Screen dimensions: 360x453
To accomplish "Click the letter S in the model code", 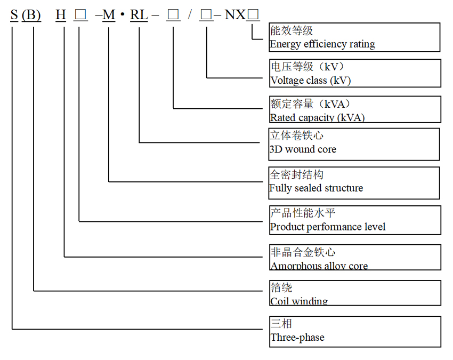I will pyautogui.click(x=14, y=15).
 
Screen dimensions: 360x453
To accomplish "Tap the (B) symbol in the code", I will pyautogui.click(x=31, y=15).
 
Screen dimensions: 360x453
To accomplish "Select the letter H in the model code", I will pyautogui.click(x=61, y=15).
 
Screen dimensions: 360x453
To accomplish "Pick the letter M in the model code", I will pyautogui.click(x=109, y=15).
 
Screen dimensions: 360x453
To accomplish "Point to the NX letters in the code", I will pyautogui.click(x=235, y=15).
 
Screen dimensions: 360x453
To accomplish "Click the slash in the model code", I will pyautogui.click(x=189, y=15).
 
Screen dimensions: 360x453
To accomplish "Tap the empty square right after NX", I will pyautogui.click(x=253, y=15).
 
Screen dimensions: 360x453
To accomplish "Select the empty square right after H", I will pyautogui.click(x=80, y=15).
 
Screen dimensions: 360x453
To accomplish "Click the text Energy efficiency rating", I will pyautogui.click(x=322, y=44).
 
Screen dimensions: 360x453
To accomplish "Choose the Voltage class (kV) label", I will pyautogui.click(x=310, y=81).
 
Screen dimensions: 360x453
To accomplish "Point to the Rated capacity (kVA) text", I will pyautogui.click(x=317, y=117).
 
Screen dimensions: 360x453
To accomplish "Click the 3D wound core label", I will pyautogui.click(x=303, y=149).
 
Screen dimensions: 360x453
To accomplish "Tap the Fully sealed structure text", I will pyautogui.click(x=316, y=188).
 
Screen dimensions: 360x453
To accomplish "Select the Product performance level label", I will pyautogui.click(x=327, y=227).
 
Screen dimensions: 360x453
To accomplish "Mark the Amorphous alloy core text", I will pyautogui.click(x=319, y=266).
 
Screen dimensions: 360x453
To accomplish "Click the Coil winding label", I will pyautogui.click(x=298, y=301).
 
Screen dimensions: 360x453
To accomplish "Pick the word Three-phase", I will pyautogui.click(x=297, y=337).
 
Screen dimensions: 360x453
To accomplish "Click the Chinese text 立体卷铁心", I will pyautogui.click(x=296, y=137).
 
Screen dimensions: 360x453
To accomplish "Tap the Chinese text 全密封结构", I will pyautogui.click(x=296, y=175).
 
